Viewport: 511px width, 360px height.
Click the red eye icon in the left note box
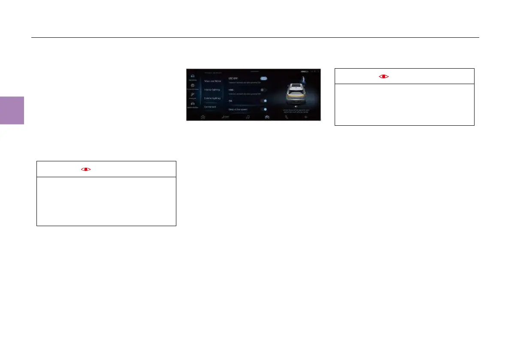[x=86, y=169]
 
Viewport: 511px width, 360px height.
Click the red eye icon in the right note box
[x=384, y=76]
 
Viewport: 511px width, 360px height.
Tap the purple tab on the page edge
[x=12, y=110]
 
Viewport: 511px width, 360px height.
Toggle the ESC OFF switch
[x=263, y=79]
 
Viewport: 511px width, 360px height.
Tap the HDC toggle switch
[x=263, y=90]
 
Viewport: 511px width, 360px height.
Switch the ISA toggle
[x=263, y=100]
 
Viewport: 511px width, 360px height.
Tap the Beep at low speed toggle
[x=263, y=109]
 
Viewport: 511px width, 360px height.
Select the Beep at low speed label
[x=237, y=109]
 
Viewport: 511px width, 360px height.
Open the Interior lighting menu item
[x=212, y=90]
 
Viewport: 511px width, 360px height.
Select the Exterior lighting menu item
[x=212, y=98]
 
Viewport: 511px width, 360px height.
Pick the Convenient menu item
[x=211, y=107]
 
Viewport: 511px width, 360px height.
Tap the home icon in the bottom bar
[x=203, y=117]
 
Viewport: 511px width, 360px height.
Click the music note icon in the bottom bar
[x=248, y=117]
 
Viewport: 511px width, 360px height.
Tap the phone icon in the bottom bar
[x=287, y=117]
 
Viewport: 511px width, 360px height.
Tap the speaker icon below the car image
[x=296, y=106]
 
